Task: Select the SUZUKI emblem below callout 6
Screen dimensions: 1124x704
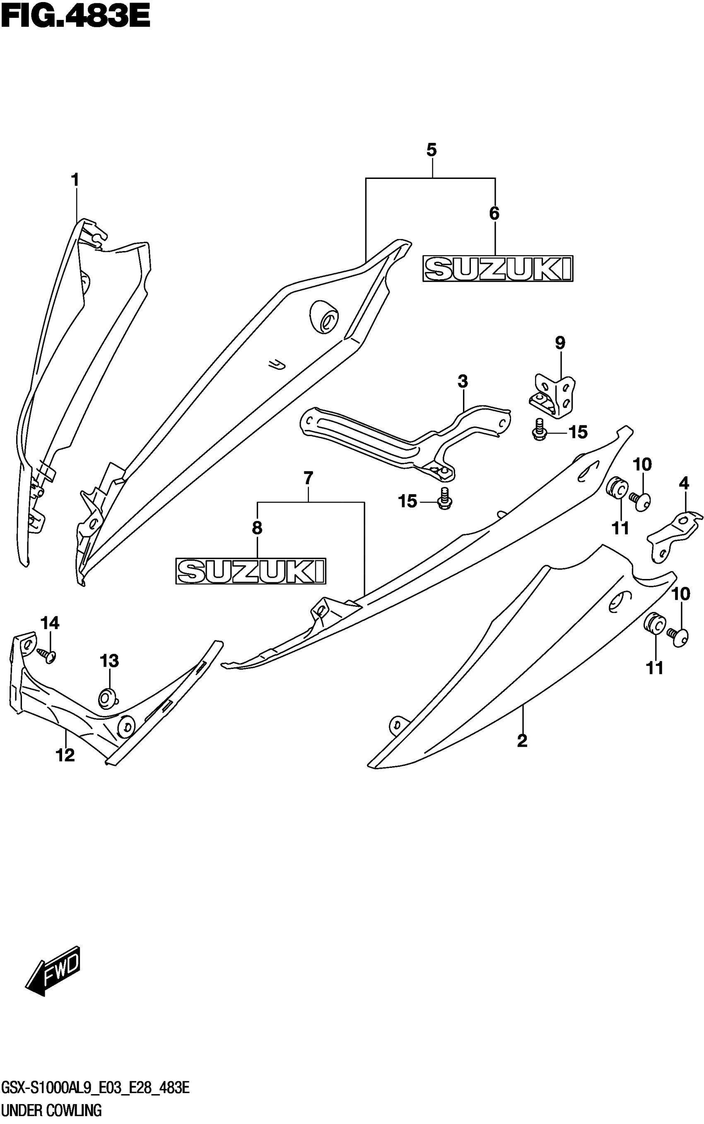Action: click(498, 269)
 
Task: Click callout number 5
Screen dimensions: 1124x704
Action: click(431, 150)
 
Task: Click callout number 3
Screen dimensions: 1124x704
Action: click(462, 381)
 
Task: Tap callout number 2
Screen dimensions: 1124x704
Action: click(522, 740)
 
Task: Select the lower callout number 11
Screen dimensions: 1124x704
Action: click(654, 668)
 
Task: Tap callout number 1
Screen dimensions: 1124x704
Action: click(75, 180)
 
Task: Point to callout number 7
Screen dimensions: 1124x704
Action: click(308, 478)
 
